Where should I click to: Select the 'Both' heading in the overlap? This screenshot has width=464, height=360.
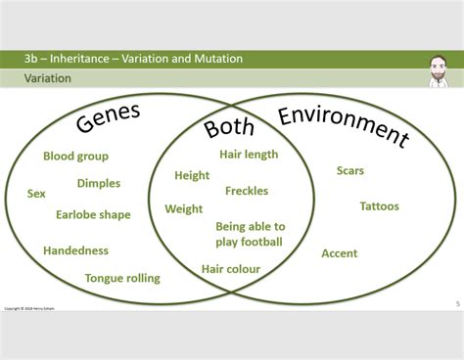click(229, 128)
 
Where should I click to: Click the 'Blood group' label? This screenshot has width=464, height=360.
click(75, 156)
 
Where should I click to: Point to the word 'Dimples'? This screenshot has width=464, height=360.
click(99, 183)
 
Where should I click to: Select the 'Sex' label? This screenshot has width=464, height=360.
click(36, 194)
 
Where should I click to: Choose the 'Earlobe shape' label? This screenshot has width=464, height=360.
click(93, 215)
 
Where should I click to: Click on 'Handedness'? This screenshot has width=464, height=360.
click(75, 250)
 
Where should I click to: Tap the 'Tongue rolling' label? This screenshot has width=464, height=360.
click(122, 278)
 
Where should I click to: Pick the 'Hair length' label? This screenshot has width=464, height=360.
click(249, 154)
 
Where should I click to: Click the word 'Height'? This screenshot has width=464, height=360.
click(192, 176)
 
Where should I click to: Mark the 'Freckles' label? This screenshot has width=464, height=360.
click(247, 191)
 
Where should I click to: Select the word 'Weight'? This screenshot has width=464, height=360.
click(184, 208)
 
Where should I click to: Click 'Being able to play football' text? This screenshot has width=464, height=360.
click(250, 234)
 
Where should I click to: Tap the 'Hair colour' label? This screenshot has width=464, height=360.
click(231, 268)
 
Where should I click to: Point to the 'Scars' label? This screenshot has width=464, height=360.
click(350, 171)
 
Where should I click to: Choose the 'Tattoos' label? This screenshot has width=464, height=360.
click(379, 206)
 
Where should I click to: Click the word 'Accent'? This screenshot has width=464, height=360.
click(340, 253)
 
